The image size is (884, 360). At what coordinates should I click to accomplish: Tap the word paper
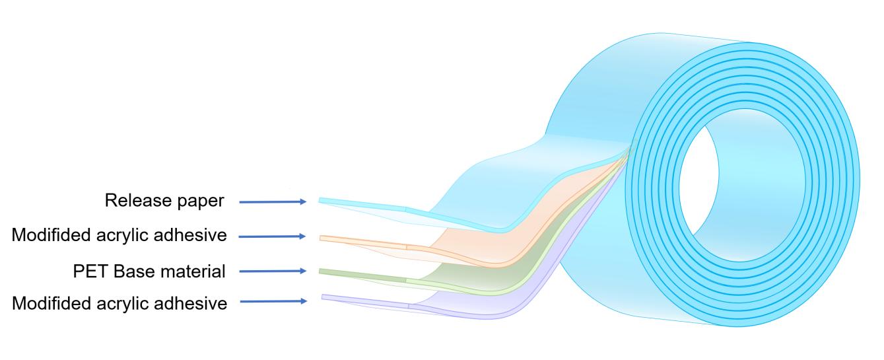(x=201, y=201)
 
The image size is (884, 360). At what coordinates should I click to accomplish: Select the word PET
(x=90, y=271)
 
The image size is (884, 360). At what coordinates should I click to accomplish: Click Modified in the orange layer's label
(x=51, y=235)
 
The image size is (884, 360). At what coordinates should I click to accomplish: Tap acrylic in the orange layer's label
(x=122, y=236)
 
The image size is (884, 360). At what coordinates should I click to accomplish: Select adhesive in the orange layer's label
(x=190, y=235)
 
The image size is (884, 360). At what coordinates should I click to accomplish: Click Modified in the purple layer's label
(x=51, y=304)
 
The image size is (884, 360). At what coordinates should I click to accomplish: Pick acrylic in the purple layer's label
(x=122, y=305)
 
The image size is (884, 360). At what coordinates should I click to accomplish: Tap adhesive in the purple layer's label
(x=190, y=304)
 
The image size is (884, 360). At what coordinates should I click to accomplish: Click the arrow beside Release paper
(x=273, y=201)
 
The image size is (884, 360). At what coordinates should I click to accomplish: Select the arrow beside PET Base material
(x=273, y=271)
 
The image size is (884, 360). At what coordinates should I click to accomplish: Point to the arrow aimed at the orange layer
(x=272, y=236)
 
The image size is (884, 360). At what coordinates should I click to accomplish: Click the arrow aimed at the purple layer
(x=273, y=301)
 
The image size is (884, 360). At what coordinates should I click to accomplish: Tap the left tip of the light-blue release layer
(x=320, y=200)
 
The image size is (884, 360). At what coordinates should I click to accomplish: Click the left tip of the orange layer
(x=320, y=238)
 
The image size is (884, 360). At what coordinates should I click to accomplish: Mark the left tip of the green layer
(x=320, y=271)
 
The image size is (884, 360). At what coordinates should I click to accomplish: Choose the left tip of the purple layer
(x=322, y=297)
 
